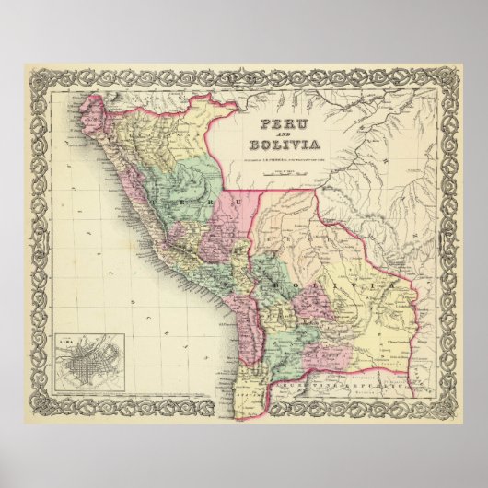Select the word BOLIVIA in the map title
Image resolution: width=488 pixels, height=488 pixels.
click(x=284, y=144)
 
